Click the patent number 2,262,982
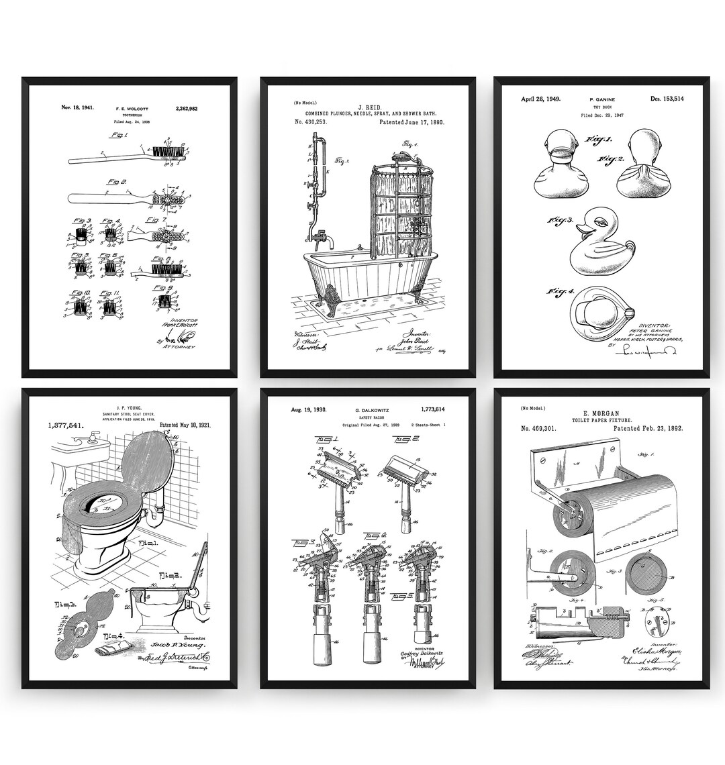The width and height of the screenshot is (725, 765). tap(187, 108)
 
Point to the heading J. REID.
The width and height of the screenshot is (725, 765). tap(369, 107)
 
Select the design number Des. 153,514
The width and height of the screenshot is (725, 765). tap(667, 99)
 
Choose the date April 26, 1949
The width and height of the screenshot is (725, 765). tap(541, 99)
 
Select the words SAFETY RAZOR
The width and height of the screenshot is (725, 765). tap(369, 417)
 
